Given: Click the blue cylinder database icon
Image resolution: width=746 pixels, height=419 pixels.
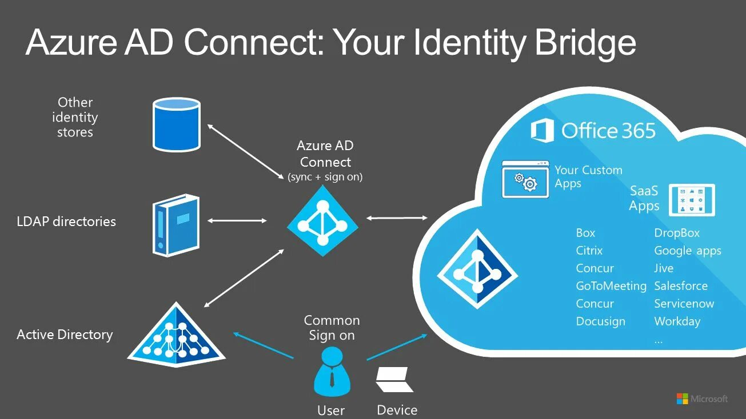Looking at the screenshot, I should coord(177,124).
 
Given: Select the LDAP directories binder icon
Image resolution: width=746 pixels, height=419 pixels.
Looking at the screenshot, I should coord(176,225).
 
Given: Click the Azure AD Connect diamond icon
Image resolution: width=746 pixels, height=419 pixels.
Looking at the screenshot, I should coord(322,220).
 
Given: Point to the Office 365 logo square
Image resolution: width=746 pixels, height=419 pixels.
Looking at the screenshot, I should coord(542,131).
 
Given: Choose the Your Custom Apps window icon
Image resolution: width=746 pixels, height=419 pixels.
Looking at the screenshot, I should coord(525,179).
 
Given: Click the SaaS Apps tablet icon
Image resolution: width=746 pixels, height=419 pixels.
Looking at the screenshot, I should coord(692,199).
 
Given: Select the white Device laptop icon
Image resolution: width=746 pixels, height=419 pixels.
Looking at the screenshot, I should coord(394,379).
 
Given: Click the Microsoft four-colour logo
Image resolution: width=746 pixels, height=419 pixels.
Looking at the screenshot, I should coord(682,398).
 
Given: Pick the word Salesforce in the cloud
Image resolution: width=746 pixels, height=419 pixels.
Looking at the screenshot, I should coord(681,286).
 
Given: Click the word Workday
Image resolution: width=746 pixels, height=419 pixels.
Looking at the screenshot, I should coord(677,321).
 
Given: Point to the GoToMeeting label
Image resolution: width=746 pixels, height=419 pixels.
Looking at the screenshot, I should coord(611,286).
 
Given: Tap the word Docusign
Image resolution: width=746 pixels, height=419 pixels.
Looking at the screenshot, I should coord(600,321).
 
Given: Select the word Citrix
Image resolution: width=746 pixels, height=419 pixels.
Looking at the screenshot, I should coord(589,251).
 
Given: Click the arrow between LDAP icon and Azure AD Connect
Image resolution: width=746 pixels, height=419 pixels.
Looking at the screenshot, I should coord(237,220).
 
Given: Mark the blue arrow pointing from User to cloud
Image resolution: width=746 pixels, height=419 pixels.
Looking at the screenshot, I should coord(396,347).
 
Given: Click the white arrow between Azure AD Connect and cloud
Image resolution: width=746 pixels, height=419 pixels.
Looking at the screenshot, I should coord(397,217).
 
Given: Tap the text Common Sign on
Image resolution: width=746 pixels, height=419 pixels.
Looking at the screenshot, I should coord(332,328).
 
